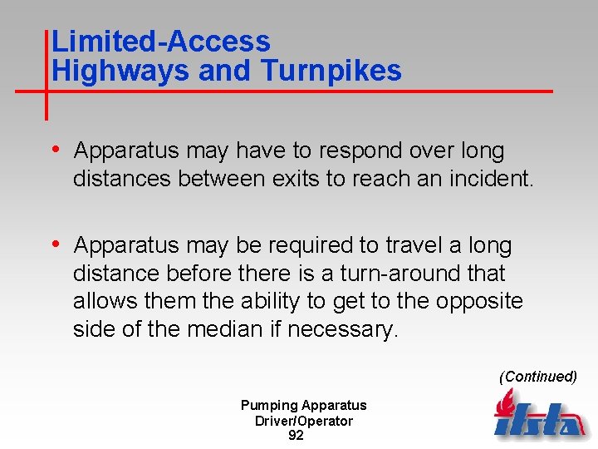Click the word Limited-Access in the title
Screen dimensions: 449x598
click(x=160, y=42)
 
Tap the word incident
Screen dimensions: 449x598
click(x=496, y=179)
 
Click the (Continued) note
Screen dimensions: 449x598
click(x=537, y=377)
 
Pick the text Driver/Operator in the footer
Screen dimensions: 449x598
click(x=303, y=421)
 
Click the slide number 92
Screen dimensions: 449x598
click(x=296, y=436)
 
